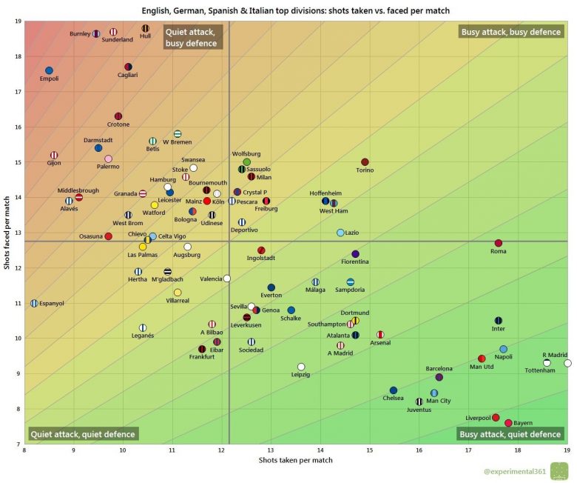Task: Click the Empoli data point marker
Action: click(x=49, y=70)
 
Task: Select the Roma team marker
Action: click(x=498, y=243)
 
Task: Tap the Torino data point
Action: click(x=365, y=161)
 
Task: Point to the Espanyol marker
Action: click(x=34, y=303)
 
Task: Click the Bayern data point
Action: click(x=508, y=423)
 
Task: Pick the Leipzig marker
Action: click(x=301, y=367)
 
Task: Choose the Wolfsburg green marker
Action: click(x=247, y=161)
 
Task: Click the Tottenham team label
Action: click(x=539, y=370)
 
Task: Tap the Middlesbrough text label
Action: click(x=78, y=190)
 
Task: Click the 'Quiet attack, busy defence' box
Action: click(x=191, y=38)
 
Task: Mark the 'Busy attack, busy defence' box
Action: click(x=510, y=32)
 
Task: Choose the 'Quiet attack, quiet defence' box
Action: click(x=82, y=434)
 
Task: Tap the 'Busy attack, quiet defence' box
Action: click(x=510, y=434)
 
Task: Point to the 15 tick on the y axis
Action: click(x=17, y=162)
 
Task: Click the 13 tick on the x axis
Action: click(x=271, y=450)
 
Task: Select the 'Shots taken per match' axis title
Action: click(x=296, y=461)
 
